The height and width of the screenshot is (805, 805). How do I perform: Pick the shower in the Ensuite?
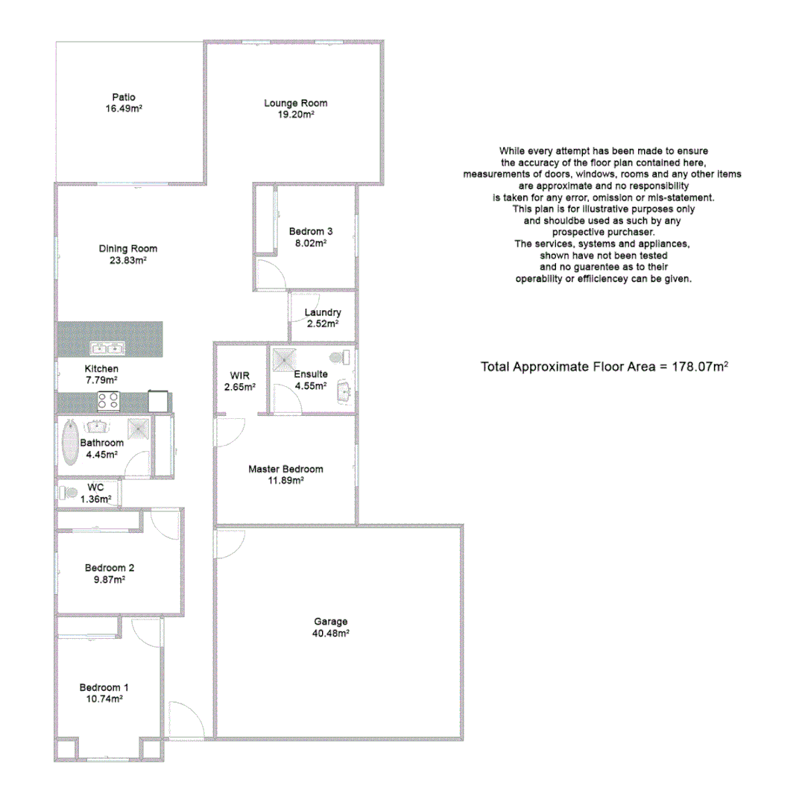tap(282, 359)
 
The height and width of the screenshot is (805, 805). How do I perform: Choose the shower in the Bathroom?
tap(138, 428)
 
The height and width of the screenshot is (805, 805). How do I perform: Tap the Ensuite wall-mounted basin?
tap(345, 390)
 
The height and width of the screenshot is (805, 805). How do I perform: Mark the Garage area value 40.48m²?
tap(331, 634)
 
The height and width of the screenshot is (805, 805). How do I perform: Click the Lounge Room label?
tap(295, 103)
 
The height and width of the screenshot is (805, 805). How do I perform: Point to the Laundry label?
tap(323, 312)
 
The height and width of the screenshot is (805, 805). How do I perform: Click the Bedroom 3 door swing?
tap(268, 273)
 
